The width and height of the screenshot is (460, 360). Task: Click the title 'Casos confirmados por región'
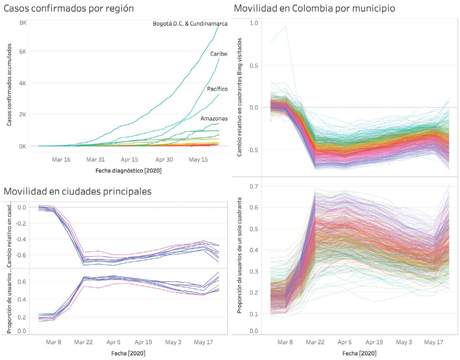click(69, 8)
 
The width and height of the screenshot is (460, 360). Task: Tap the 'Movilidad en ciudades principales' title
click(77, 191)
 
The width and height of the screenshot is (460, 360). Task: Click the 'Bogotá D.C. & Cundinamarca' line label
click(190, 24)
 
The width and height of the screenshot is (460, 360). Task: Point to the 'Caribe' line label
click(219, 54)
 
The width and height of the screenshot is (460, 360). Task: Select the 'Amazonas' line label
click(214, 119)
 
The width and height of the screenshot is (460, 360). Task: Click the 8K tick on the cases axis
click(23, 23)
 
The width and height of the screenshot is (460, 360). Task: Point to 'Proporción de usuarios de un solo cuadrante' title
click(239, 255)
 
